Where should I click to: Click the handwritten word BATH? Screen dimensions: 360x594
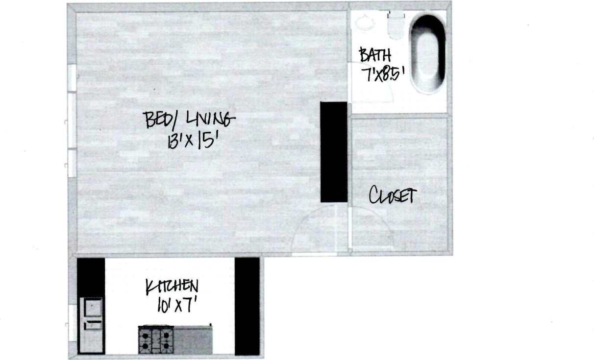(x=375, y=54)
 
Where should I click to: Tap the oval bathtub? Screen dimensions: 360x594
(x=427, y=53)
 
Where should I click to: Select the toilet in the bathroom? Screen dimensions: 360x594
(x=396, y=25)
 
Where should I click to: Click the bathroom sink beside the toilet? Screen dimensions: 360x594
(x=365, y=22)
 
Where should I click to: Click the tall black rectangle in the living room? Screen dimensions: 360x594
(x=334, y=152)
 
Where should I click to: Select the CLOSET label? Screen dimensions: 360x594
(x=393, y=196)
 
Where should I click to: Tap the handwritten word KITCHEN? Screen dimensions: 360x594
(x=172, y=287)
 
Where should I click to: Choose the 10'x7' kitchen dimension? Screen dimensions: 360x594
(x=173, y=306)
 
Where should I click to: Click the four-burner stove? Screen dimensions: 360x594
(x=156, y=340)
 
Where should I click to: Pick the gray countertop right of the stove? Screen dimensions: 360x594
(x=193, y=340)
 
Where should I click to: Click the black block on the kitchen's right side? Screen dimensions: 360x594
(x=247, y=306)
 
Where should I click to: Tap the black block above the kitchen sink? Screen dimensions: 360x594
(x=91, y=277)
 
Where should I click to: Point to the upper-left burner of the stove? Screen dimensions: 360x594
(x=146, y=335)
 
